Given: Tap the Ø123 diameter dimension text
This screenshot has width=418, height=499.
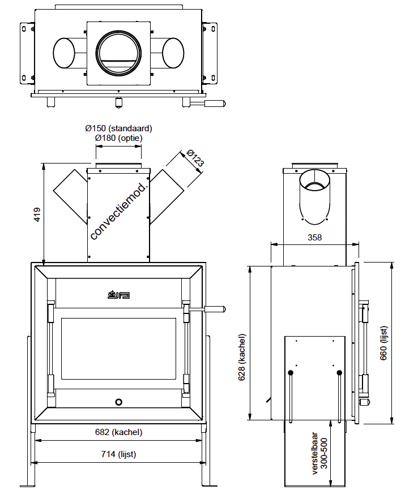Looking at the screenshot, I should click(194, 159).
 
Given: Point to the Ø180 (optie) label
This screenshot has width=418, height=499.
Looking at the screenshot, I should click(118, 137).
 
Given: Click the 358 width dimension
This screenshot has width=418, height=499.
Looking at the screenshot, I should click(314, 238).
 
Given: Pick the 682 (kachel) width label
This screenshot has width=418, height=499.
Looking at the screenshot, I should click(118, 432).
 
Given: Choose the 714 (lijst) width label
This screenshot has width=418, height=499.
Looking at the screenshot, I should click(118, 454).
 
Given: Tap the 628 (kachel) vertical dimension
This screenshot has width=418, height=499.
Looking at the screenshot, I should click(242, 357).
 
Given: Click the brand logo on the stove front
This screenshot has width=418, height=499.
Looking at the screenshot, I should click(119, 294).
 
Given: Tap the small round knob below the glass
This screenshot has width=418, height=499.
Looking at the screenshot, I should click(118, 402).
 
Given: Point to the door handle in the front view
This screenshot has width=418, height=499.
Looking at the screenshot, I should click(212, 309).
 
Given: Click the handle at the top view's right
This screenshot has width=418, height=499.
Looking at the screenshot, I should click(212, 104).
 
